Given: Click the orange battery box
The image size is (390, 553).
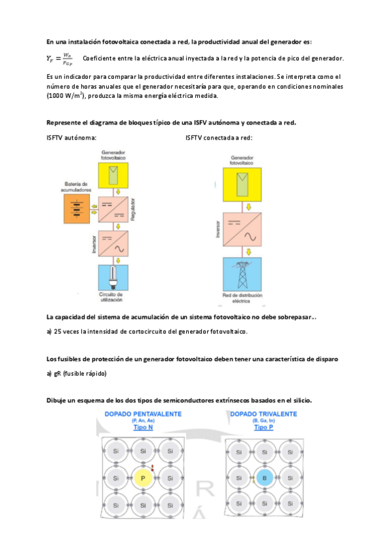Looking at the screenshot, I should click(77, 209).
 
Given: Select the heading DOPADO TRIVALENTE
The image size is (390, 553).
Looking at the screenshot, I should click(264, 415).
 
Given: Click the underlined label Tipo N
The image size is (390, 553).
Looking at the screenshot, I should click(143, 428).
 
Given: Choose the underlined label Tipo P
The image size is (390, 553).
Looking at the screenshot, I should click(264, 428).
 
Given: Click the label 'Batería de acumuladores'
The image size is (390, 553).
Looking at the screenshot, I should click(77, 186).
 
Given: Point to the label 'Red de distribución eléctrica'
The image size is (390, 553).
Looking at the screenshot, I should click(241, 300).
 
